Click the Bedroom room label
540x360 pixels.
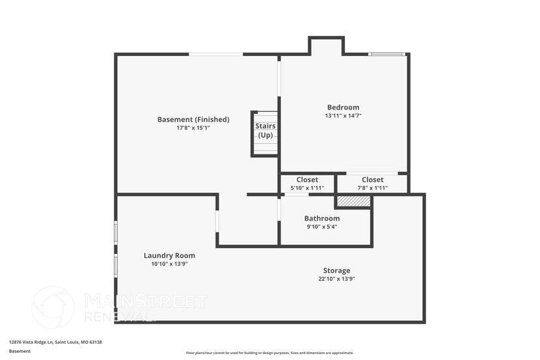click(343, 107)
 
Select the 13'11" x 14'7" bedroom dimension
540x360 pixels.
click(343, 116)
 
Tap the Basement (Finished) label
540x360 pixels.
click(193, 119)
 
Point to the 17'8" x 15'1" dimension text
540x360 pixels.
click(193, 128)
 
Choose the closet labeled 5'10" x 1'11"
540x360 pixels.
click(307, 184)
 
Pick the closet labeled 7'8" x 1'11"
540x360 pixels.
click(372, 184)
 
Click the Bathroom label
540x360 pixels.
click(322, 218)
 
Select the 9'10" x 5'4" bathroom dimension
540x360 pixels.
click(322, 227)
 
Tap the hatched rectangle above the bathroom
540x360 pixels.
click(353, 202)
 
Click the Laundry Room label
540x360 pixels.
click(169, 256)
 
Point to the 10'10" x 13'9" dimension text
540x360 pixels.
click(169, 264)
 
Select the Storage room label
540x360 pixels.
click(336, 270)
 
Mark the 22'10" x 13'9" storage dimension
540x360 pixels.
click(336, 279)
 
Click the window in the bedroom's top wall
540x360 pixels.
click(387, 54)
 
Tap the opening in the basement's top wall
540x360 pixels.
click(216, 54)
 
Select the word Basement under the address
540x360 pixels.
click(20, 351)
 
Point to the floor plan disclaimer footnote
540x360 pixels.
click(269, 353)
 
